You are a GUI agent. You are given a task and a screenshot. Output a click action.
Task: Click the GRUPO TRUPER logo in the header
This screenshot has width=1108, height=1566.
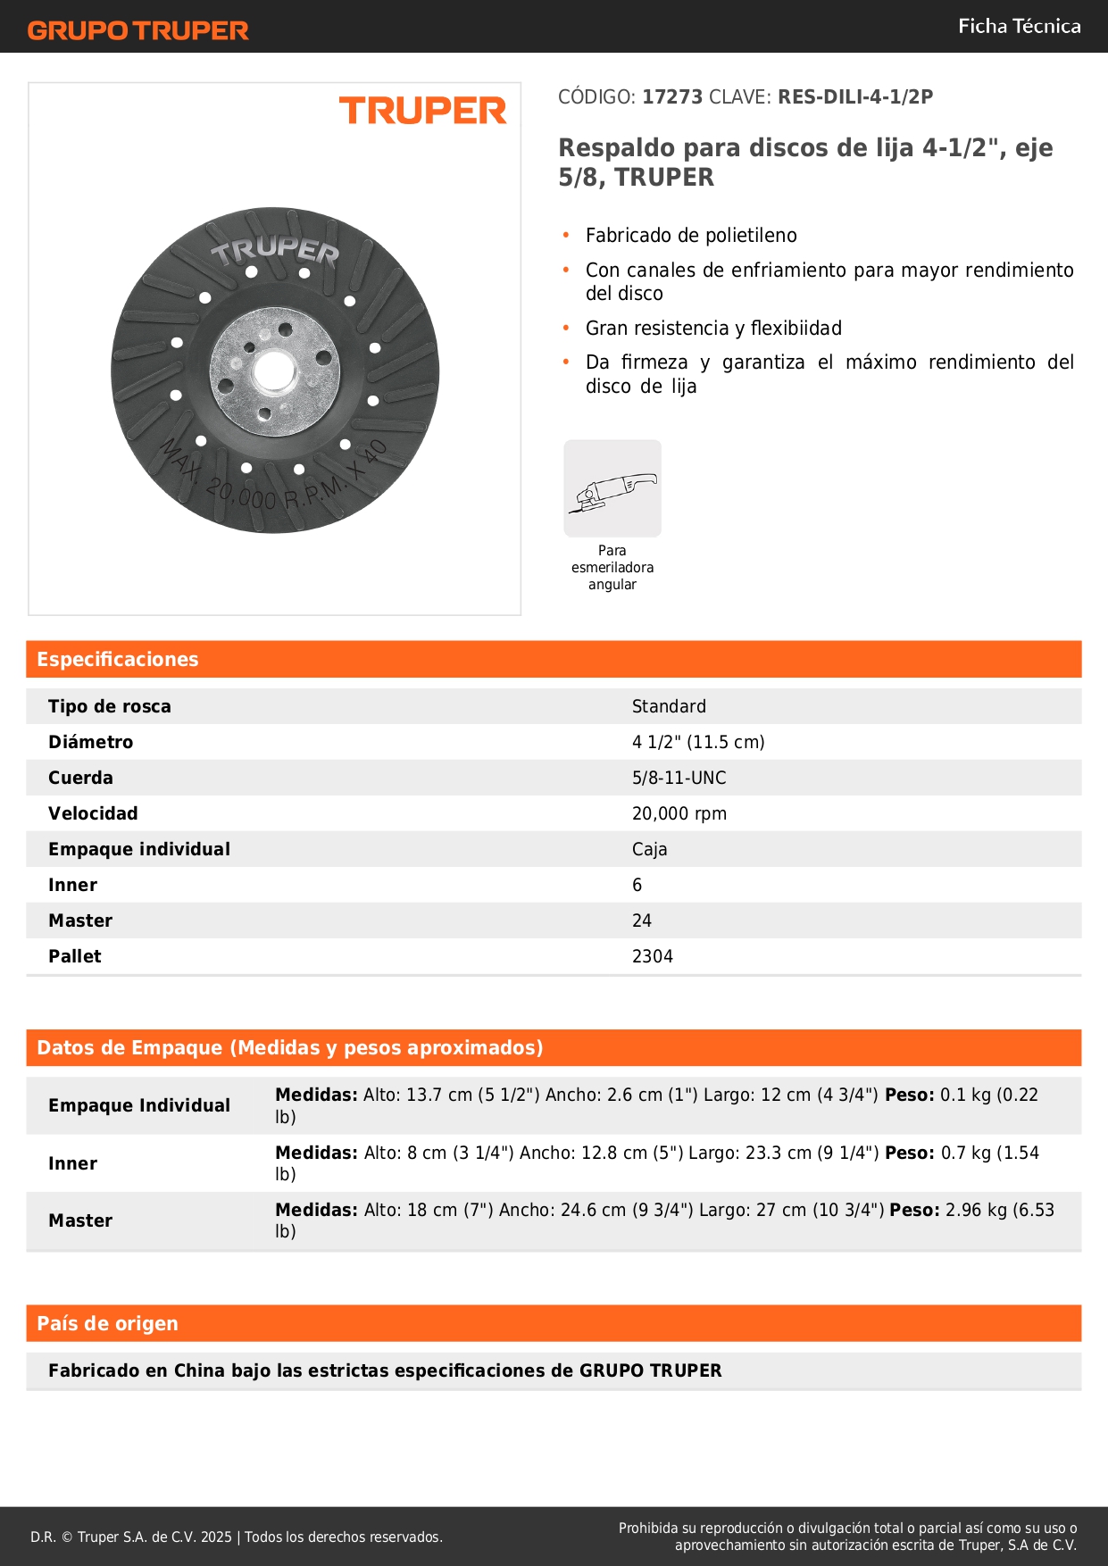tap(137, 30)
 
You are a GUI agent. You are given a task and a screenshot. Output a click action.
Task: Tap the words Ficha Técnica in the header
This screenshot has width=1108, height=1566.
tap(1019, 27)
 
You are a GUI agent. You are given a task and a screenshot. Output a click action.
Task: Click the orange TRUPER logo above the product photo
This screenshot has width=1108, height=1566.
tap(422, 111)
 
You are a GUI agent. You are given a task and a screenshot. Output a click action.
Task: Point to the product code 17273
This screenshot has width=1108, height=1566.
tap(672, 97)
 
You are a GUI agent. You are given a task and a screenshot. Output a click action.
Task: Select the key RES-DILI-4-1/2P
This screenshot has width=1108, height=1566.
tap(854, 97)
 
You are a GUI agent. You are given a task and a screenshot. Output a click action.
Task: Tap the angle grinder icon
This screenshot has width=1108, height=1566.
tap(612, 488)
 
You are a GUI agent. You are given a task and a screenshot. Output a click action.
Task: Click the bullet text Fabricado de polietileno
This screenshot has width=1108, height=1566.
tap(691, 236)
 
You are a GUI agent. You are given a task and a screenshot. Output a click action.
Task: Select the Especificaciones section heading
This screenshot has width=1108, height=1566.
tap(118, 660)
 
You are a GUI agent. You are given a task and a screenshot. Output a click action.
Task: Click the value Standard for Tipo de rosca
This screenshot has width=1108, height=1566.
tap(669, 706)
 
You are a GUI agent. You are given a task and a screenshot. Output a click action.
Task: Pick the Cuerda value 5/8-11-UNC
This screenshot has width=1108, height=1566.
tap(679, 778)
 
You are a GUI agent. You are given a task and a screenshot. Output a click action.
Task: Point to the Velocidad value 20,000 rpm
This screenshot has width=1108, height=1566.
tap(679, 813)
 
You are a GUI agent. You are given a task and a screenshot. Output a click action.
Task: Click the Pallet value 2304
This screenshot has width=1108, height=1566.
tap(652, 956)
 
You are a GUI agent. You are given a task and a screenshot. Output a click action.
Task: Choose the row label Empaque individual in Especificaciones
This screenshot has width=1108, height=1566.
tap(139, 849)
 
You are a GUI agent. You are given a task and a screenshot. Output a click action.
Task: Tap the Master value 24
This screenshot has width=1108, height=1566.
tap(641, 920)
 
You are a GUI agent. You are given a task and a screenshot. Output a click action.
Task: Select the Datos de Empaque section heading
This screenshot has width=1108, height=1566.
tap(289, 1048)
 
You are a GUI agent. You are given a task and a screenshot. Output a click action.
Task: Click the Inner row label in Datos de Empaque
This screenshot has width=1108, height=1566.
tap(73, 1163)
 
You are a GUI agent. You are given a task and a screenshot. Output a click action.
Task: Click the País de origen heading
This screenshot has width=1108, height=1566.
tap(107, 1324)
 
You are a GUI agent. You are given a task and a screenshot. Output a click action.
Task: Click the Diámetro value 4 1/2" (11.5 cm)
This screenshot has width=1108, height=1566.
tap(698, 742)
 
